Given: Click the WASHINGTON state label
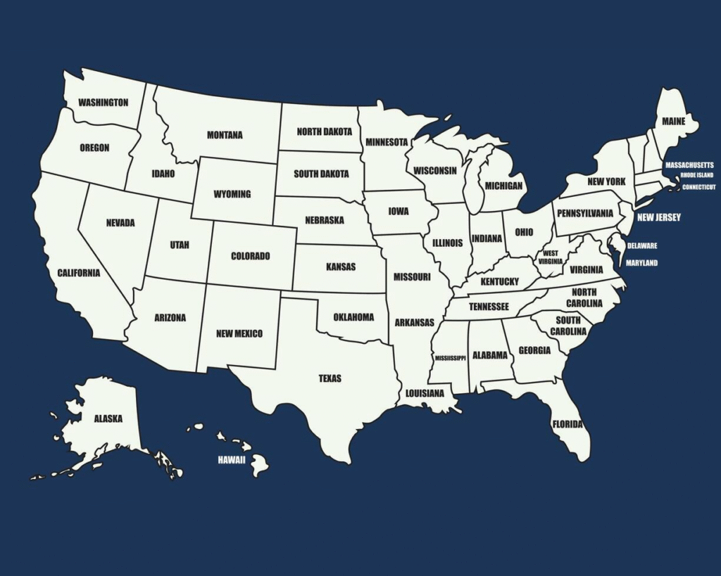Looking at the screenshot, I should (x=103, y=103).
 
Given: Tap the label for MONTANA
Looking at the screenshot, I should (x=225, y=135).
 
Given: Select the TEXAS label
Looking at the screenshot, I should (x=330, y=378).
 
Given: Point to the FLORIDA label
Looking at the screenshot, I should (x=568, y=424).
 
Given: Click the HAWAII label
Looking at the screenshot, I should (x=231, y=460).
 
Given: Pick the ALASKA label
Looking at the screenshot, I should (x=108, y=418).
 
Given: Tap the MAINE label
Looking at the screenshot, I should (x=673, y=122).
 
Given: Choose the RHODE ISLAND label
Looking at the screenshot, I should (x=696, y=175).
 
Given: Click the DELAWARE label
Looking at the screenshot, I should (x=642, y=246).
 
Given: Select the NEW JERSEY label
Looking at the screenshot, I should (x=658, y=218).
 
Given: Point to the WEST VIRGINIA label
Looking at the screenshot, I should (x=551, y=257).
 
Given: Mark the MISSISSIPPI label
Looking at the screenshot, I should (x=450, y=358).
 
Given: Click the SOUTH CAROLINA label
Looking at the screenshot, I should (x=568, y=326).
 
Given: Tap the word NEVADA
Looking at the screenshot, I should (x=120, y=223).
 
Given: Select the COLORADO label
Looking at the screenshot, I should (x=250, y=256).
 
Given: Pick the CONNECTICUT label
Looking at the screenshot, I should (x=698, y=187).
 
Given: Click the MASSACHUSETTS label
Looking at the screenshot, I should (x=689, y=165).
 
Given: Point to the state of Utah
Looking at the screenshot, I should (x=179, y=245).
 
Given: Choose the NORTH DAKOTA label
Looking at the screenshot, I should (x=324, y=132).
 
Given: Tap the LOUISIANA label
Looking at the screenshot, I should (x=425, y=393).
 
